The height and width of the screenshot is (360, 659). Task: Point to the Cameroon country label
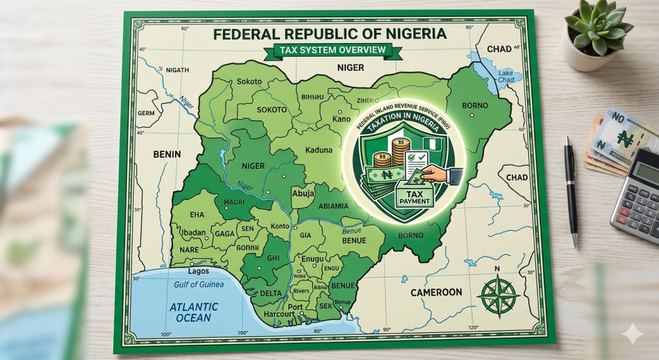[436, 292]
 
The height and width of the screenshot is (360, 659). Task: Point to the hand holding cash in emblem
[432, 173]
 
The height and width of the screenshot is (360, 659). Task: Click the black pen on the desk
[571, 190]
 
